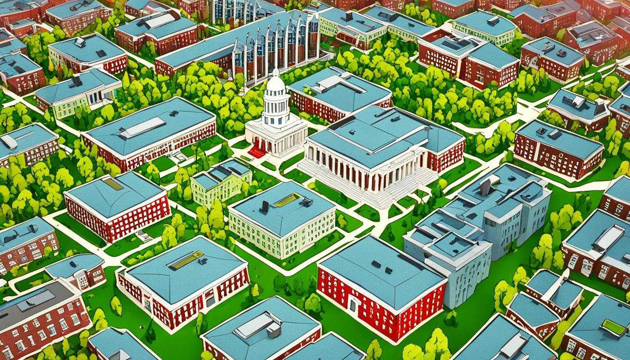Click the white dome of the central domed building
tap(275, 85)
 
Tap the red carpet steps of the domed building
tap(256, 151)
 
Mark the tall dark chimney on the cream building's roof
tap(265, 206)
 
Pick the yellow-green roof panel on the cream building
tap(287, 200)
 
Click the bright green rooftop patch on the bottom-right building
tap(614, 327)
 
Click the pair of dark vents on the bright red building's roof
tap(382, 267)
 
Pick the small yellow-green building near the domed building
tap(220, 183)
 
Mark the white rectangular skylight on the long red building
tap(142, 127)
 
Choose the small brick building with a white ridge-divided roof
tap(553, 291)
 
